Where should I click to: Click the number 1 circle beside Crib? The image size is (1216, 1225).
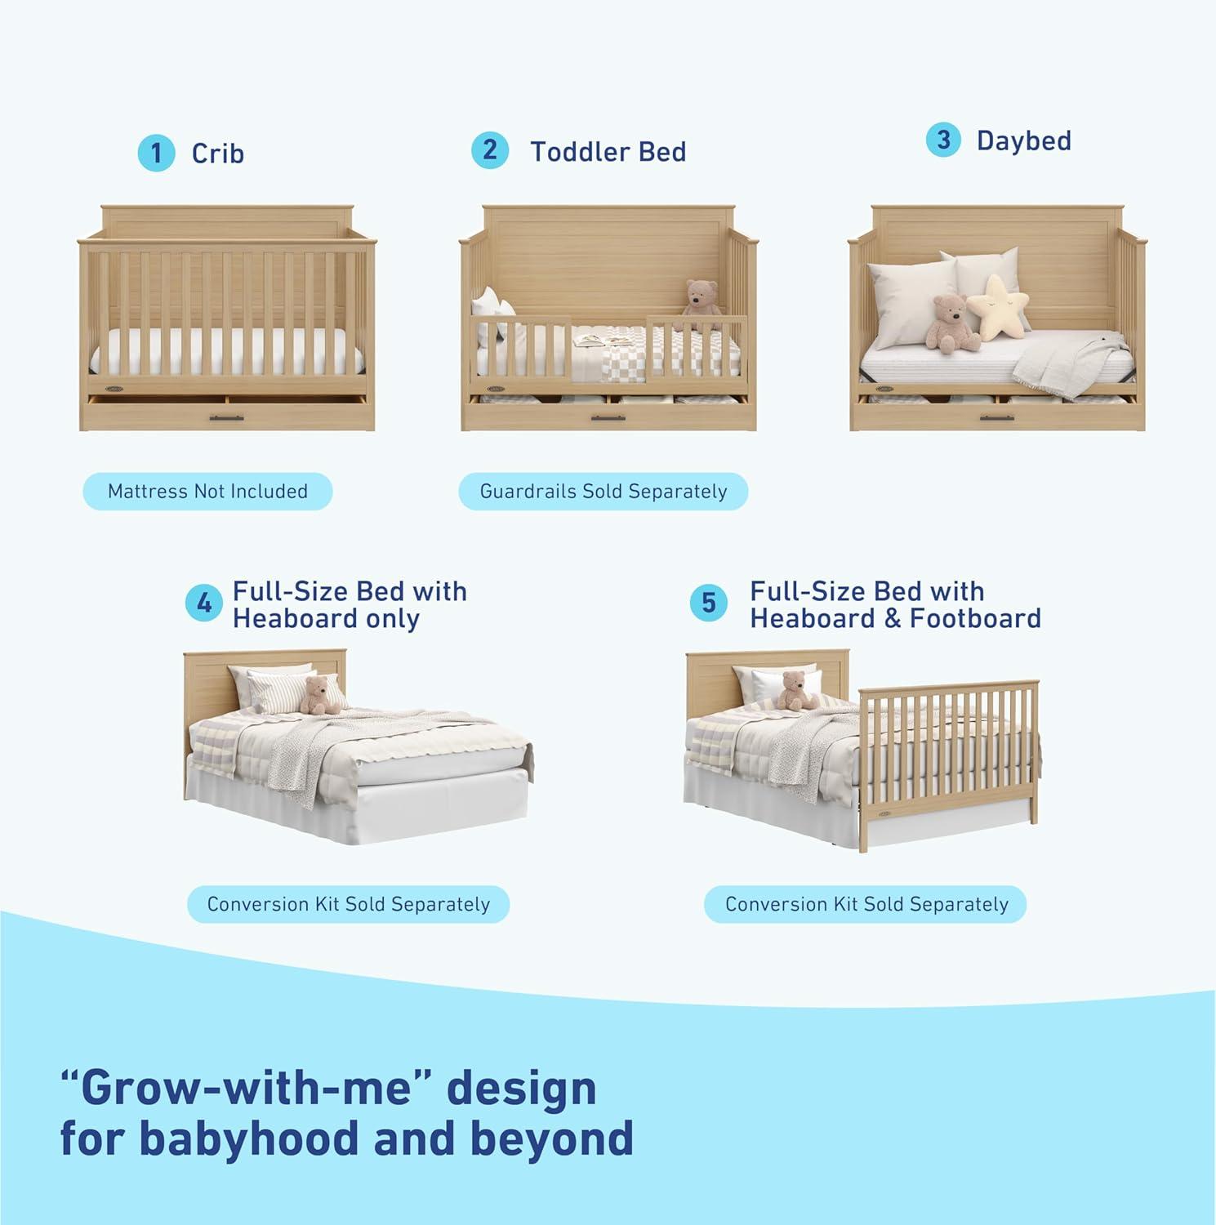pos(156,153)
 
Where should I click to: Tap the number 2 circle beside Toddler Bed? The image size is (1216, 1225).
pos(489,150)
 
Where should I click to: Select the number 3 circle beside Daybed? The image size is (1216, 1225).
pos(943,140)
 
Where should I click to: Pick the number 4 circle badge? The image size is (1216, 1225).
pos(203,604)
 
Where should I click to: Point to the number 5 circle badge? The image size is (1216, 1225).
pos(708,604)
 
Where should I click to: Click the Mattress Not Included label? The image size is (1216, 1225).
pos(207,492)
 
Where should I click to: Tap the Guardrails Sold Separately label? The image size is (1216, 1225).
pos(603,492)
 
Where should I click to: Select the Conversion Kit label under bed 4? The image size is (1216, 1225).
pos(348,904)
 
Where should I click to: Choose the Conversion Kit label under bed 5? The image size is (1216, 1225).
pos(866,904)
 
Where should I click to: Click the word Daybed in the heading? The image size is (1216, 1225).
pos(1023,140)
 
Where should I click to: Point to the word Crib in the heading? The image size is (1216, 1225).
pos(217,154)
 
